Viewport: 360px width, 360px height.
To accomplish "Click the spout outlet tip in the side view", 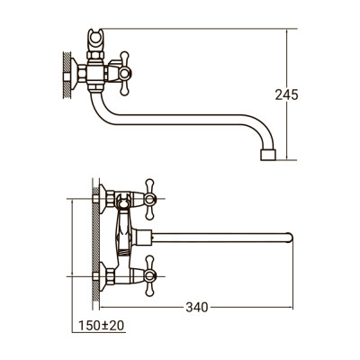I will [x=267, y=156].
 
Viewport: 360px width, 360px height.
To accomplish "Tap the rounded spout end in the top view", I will [x=289, y=238].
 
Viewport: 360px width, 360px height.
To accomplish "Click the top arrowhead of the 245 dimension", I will [x=288, y=31].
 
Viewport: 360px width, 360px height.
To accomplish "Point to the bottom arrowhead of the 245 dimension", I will [x=288, y=159].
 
